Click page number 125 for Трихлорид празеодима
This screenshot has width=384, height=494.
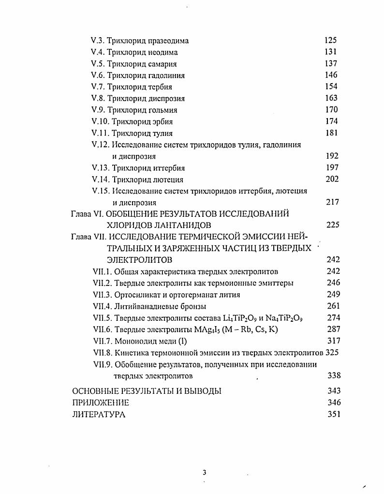coord(331,40)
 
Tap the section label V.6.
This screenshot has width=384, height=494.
coord(98,75)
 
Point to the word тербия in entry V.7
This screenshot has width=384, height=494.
coord(161,87)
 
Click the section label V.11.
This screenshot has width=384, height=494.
coord(100,133)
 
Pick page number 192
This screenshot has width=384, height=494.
coord(332,156)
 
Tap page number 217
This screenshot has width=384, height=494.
coord(332,202)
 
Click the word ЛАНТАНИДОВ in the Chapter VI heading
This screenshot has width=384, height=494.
coord(176,225)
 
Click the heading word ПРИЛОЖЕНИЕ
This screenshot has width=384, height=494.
coord(101,403)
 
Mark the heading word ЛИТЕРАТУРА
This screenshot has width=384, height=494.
coord(99,414)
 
